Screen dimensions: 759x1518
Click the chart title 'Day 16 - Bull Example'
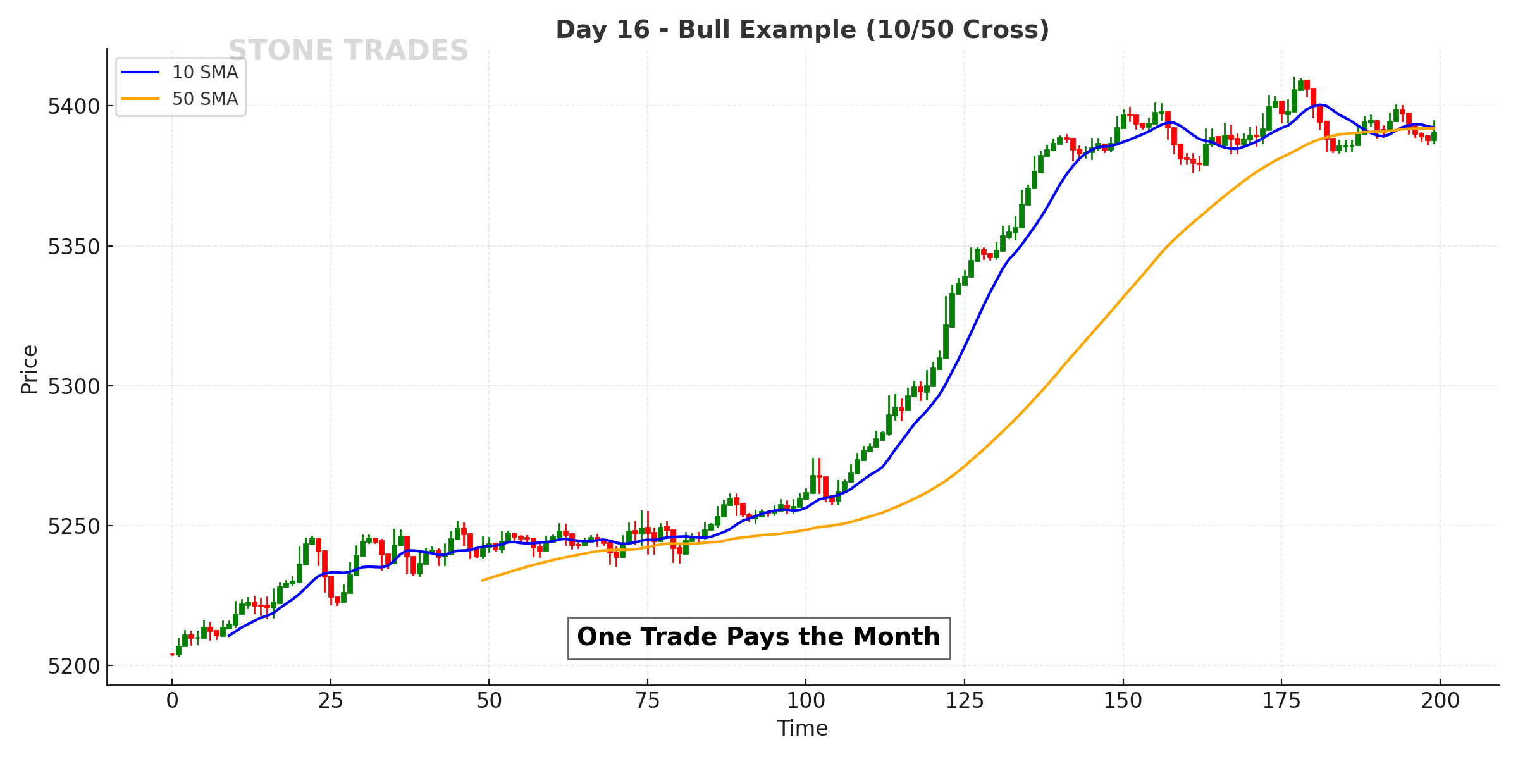(802, 30)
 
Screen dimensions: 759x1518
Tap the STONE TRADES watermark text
(348, 51)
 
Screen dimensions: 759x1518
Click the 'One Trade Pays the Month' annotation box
(758, 638)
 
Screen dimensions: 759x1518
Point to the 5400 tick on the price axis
(74, 106)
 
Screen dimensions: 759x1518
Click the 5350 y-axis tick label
(74, 247)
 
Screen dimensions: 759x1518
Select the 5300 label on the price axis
(74, 386)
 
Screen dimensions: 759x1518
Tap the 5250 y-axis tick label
(74, 526)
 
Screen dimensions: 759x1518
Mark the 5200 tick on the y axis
(74, 666)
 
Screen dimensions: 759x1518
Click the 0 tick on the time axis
(172, 701)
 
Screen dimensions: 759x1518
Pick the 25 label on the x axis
(330, 701)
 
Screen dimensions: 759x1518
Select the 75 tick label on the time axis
(648, 701)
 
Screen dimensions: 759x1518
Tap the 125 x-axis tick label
(965, 701)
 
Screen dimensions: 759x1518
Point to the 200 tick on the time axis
(1440, 701)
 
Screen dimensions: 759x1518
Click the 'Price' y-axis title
(29, 369)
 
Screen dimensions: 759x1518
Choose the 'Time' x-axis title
(802, 729)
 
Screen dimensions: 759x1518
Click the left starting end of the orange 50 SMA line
(483, 580)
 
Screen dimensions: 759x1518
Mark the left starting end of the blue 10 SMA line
(229, 636)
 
